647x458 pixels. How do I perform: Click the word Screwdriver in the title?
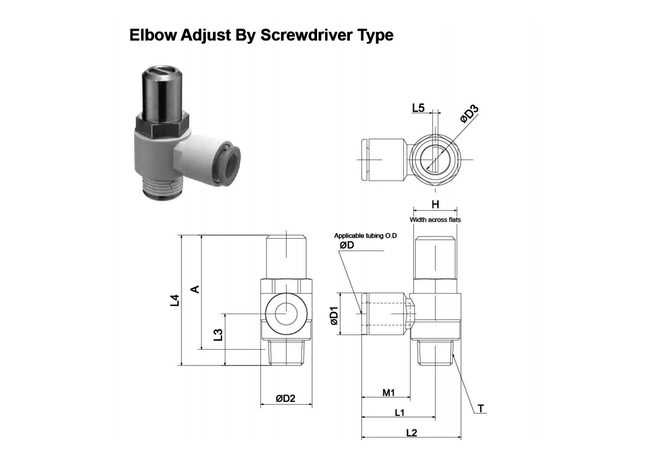click(306, 35)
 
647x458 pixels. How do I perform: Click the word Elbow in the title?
click(153, 35)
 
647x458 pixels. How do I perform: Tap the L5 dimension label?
click(418, 108)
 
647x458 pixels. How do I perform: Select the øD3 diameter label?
click(469, 114)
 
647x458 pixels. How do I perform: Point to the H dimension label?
click(435, 204)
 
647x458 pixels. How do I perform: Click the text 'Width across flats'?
click(435, 220)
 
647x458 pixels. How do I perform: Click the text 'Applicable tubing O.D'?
click(366, 236)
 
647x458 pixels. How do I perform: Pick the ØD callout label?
click(347, 245)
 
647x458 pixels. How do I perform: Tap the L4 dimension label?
click(175, 300)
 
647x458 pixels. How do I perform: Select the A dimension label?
click(195, 289)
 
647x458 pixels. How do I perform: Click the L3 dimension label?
click(218, 335)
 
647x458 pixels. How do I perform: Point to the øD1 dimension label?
click(334, 316)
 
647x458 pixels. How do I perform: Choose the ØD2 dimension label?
click(285, 399)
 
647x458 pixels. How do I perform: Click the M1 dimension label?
click(389, 392)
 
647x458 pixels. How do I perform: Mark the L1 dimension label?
click(400, 413)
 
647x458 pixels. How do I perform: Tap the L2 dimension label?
click(411, 433)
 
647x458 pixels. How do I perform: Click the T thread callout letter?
click(480, 408)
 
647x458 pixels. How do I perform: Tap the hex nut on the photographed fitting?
click(162, 127)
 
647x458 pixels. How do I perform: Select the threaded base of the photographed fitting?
click(163, 188)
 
